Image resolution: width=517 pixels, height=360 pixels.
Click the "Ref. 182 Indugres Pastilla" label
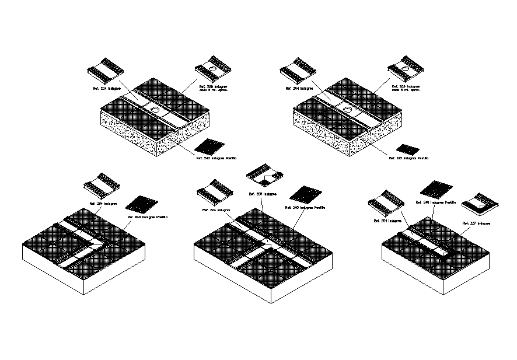coord(408,158)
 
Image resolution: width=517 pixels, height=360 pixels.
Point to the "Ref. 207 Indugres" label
coord(476,223)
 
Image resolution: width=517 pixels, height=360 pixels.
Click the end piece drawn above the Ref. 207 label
coord(480,203)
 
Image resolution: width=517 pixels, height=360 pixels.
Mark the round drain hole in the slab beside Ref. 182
coord(348,109)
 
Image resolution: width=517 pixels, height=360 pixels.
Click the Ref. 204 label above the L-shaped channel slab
coord(103,204)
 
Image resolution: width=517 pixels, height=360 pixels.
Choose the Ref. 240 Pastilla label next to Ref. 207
coord(435,202)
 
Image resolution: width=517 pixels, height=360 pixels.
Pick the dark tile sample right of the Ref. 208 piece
coord(302,194)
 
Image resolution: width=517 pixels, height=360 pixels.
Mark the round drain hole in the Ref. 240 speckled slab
coord(155,109)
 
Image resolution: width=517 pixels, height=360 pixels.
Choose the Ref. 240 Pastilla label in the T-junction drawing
coord(304,207)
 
